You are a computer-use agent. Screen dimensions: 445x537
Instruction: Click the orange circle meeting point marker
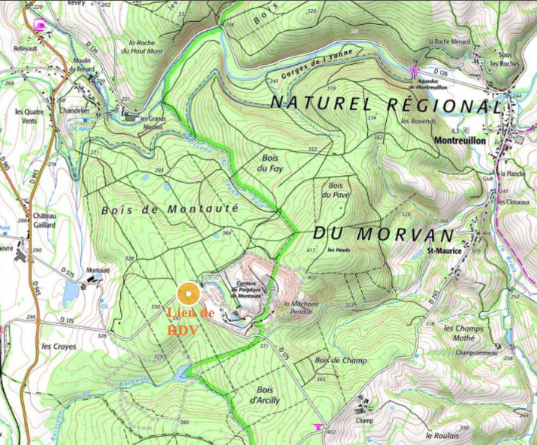(188, 293)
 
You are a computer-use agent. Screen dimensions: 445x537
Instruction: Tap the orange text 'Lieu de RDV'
(191, 321)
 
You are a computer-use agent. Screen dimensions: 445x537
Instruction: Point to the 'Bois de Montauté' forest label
(169, 209)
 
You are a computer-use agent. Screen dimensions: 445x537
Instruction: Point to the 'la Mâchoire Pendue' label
(303, 307)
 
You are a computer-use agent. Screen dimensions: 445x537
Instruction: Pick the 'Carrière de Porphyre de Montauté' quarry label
(249, 290)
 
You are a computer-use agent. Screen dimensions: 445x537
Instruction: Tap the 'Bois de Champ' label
(341, 361)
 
